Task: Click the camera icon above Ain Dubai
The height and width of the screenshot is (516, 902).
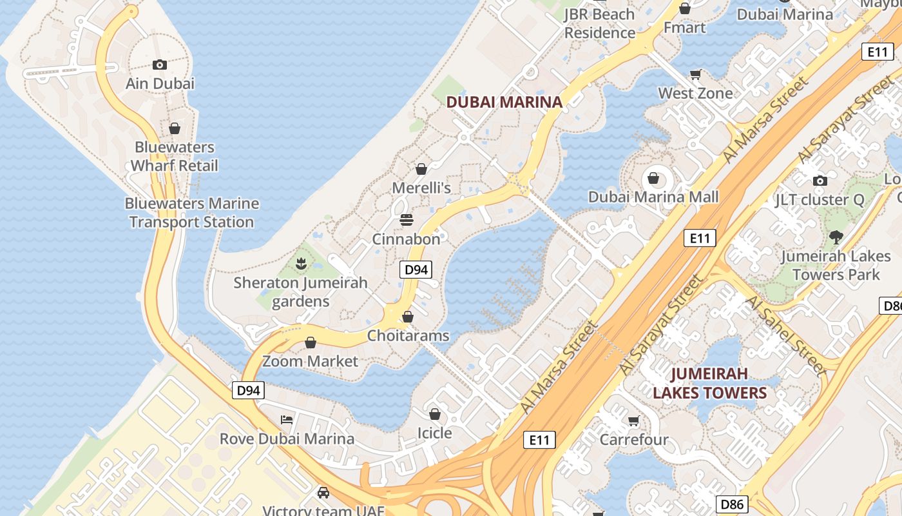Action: (x=160, y=64)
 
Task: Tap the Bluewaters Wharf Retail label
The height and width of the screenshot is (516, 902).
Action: (x=175, y=156)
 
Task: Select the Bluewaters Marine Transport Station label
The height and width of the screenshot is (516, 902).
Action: (x=192, y=213)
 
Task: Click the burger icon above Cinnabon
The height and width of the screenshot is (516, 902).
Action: (x=407, y=220)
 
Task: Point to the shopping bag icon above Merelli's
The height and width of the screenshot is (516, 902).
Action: (x=421, y=169)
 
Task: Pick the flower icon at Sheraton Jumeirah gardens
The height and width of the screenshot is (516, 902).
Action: (x=300, y=263)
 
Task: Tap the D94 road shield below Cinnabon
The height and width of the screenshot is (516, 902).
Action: (x=416, y=270)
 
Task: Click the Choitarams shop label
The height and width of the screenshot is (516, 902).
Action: (x=408, y=335)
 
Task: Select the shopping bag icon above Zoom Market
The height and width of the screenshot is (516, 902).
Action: (x=311, y=342)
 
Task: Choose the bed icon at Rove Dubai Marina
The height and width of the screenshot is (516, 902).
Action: (x=287, y=420)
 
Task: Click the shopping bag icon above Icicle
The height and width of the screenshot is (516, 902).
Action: (x=435, y=414)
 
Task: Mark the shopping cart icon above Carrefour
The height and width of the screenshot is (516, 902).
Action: (x=634, y=421)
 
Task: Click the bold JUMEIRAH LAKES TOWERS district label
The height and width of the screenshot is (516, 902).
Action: (x=710, y=383)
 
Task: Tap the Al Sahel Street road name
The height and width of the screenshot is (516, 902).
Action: (x=785, y=336)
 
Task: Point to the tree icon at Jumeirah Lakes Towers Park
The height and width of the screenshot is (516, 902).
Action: (x=836, y=237)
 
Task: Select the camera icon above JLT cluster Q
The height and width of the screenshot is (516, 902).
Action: (x=820, y=181)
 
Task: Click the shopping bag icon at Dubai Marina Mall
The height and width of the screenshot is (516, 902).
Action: (x=653, y=178)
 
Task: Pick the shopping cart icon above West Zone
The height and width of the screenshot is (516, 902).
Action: (x=696, y=74)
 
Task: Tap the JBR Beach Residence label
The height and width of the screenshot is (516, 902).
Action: (x=600, y=23)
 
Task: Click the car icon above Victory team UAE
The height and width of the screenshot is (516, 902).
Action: (x=323, y=493)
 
